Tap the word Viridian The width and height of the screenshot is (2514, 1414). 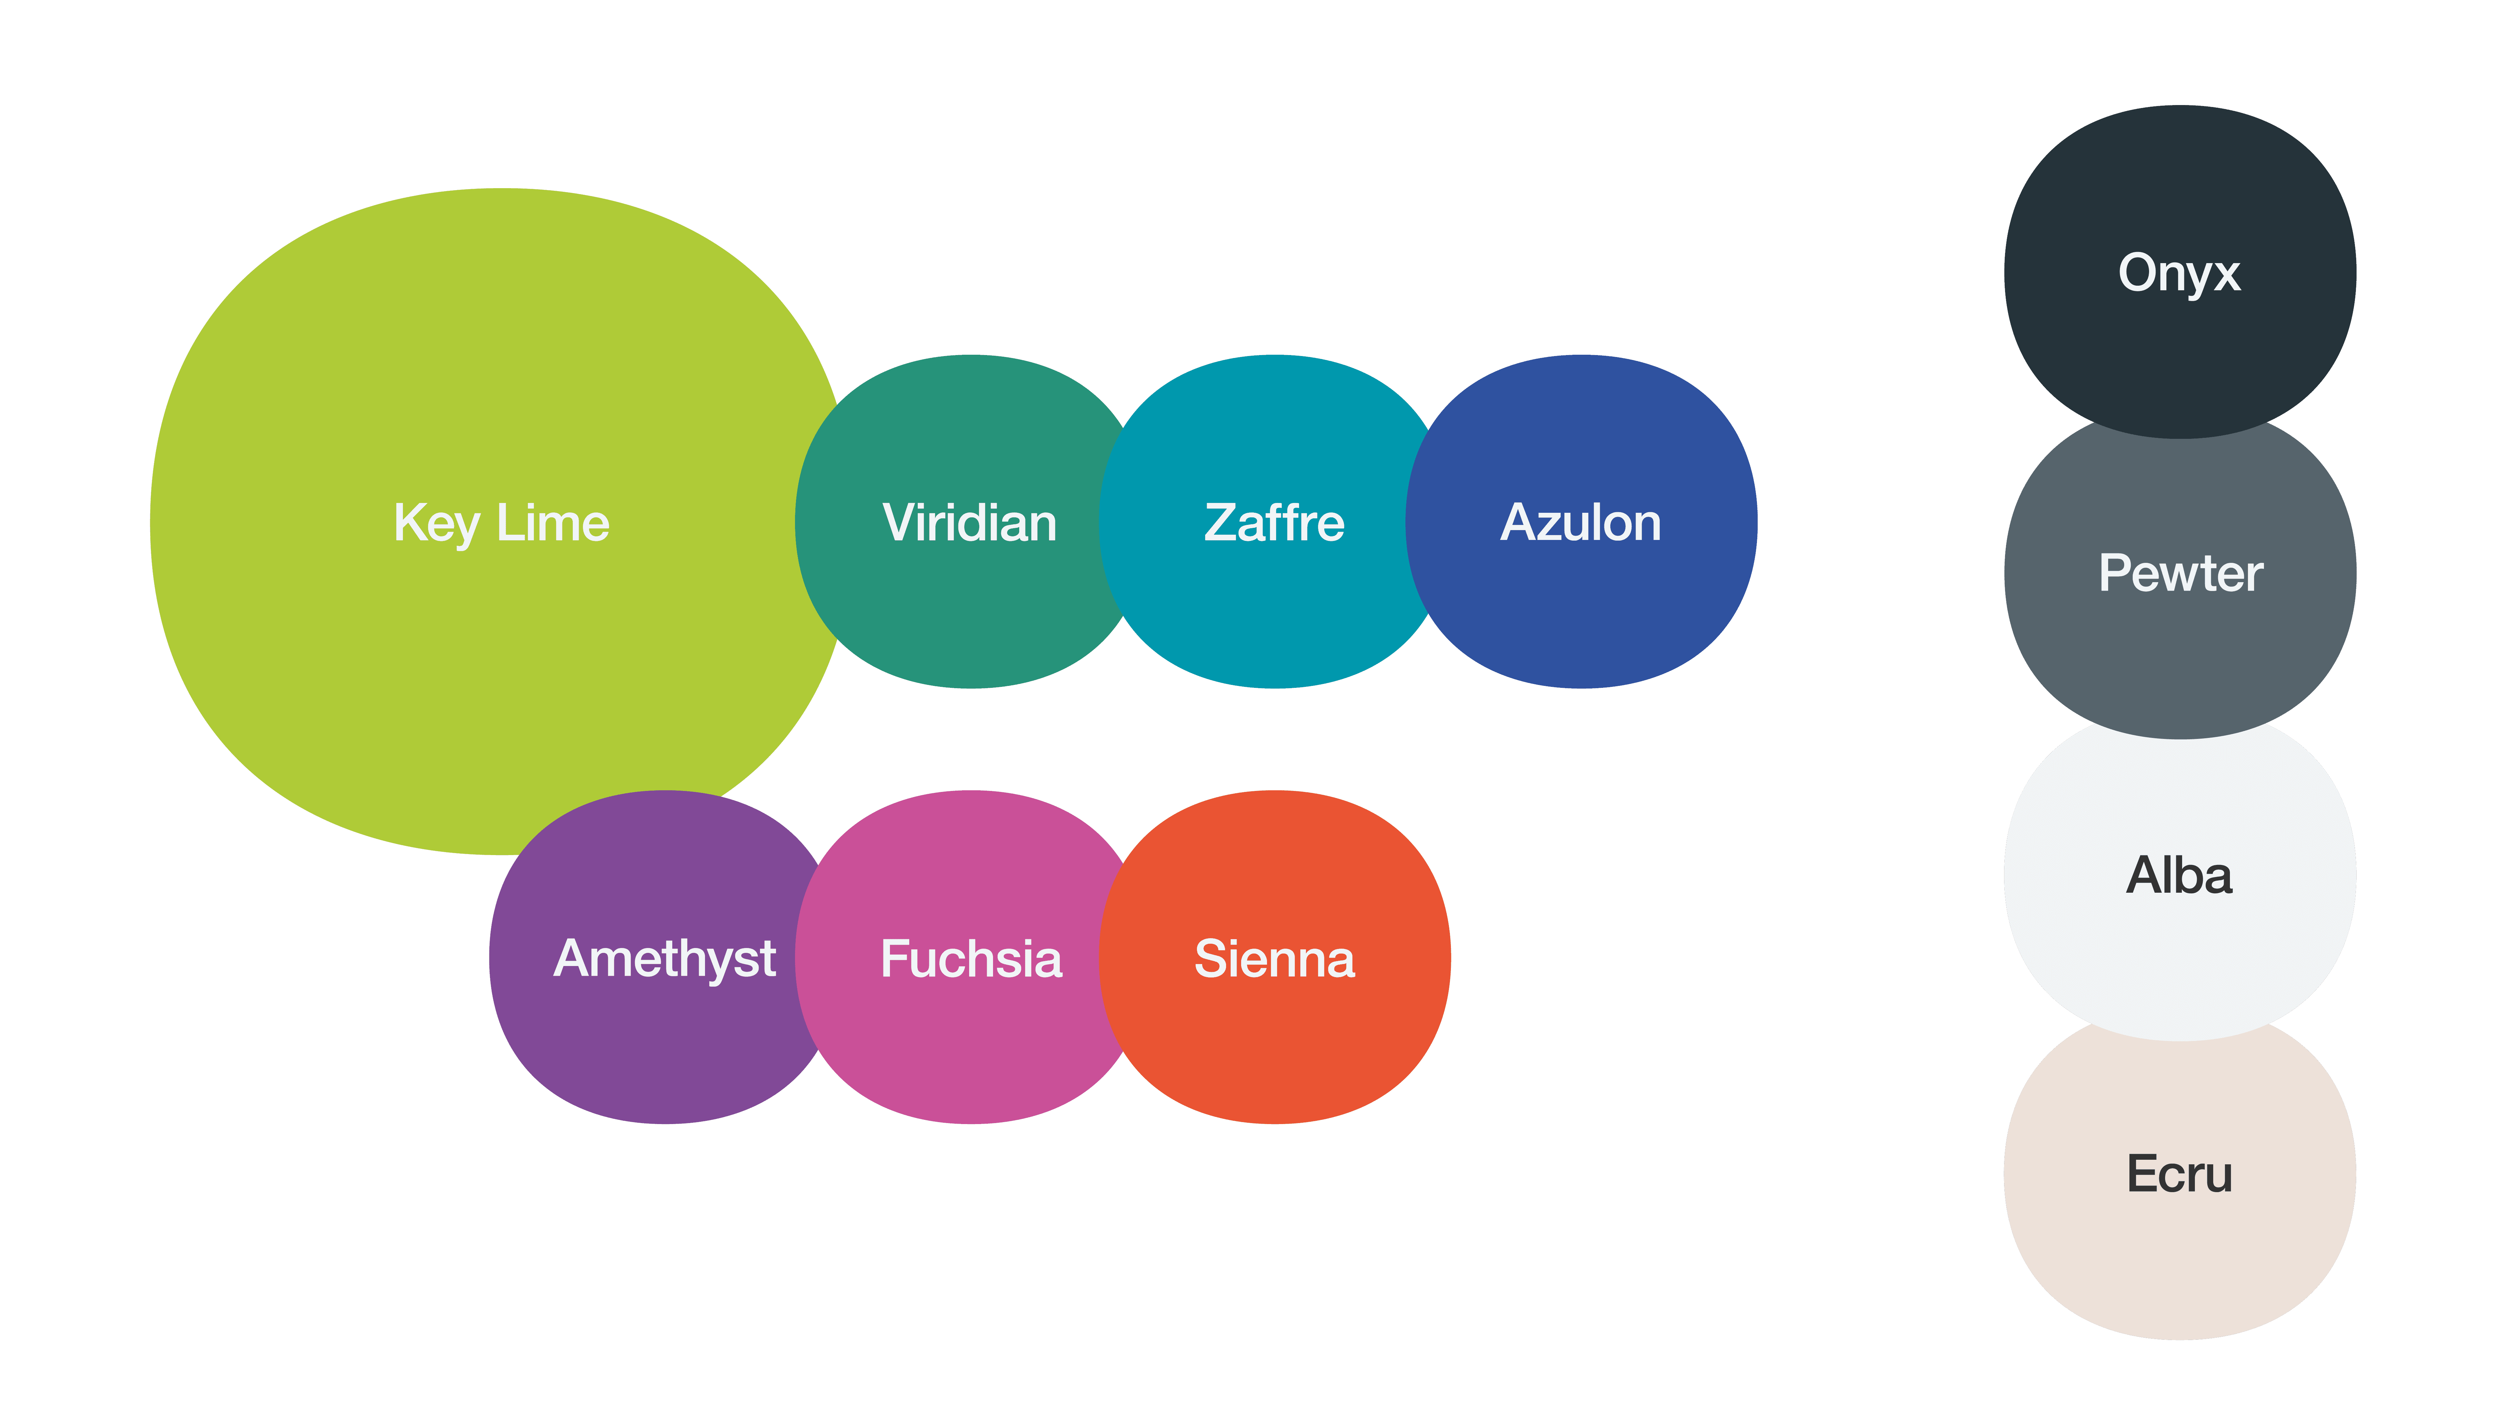[969, 523]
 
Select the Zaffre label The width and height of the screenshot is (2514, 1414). [1274, 523]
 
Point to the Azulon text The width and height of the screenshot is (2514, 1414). [1580, 523]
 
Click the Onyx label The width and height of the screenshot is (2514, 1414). [2179, 273]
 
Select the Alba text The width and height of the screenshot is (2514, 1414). [2179, 875]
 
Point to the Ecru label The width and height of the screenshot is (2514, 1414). [2179, 1174]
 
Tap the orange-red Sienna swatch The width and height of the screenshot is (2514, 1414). [1275, 1054]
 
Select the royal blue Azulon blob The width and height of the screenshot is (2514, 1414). [1580, 615]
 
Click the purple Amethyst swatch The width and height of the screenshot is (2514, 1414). [665, 1054]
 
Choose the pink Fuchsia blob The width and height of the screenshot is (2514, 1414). [971, 1054]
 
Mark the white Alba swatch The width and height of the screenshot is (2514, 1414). [2179, 966]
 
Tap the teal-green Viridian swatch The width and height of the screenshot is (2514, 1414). [969, 615]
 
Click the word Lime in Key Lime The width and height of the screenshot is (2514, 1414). [552, 523]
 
